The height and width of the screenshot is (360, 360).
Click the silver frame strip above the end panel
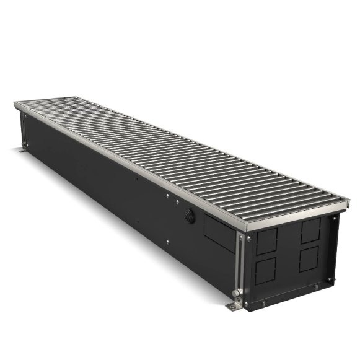point(291,221)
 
